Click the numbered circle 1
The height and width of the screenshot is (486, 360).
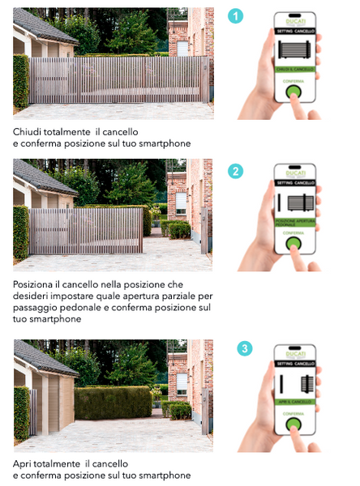(234, 16)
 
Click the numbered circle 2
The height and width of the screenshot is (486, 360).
(234, 171)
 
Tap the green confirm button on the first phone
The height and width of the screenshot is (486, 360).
(294, 92)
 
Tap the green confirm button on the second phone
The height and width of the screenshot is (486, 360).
(294, 242)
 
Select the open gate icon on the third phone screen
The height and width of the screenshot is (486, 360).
(295, 381)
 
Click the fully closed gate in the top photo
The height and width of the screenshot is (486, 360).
(114, 79)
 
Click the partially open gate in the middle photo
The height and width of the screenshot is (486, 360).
(85, 231)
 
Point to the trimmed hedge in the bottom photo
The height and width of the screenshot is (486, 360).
(114, 403)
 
